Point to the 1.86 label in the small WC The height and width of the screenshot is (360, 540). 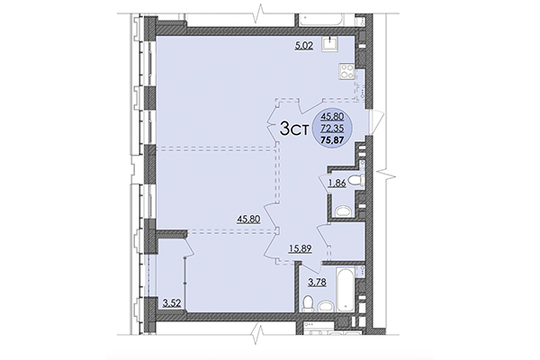[337, 183]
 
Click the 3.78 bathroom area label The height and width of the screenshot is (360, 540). [318, 282]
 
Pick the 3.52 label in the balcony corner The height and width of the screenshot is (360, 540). [171, 302]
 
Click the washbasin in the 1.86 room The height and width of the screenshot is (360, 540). [342, 211]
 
